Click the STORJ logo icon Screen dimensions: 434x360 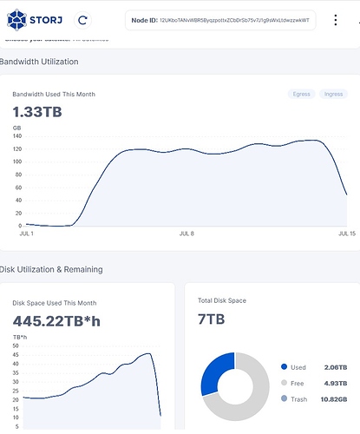coord(16,18)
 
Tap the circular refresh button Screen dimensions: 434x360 coord(82,18)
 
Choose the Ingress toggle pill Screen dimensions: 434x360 coord(332,94)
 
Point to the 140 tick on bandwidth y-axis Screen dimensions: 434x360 coord(17,136)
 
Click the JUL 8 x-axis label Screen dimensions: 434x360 coord(187,234)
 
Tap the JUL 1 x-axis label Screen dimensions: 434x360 coord(26,234)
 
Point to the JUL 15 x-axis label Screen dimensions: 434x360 coord(346,234)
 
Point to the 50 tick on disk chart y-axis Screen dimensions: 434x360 coord(16,345)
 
